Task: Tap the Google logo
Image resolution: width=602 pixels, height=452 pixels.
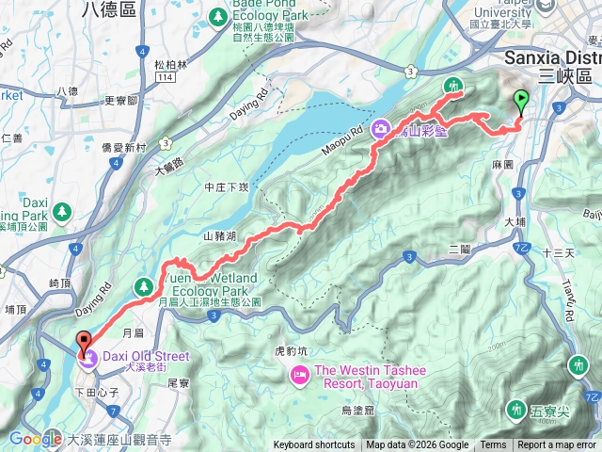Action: point(36,439)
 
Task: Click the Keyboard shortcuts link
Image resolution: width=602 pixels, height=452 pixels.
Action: point(314,445)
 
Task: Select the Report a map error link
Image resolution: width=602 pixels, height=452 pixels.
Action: point(556,445)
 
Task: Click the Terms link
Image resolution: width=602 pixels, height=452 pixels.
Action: point(493,445)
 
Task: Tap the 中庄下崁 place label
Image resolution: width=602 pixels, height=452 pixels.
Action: point(225,186)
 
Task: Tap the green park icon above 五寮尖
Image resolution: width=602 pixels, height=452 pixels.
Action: point(516,410)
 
